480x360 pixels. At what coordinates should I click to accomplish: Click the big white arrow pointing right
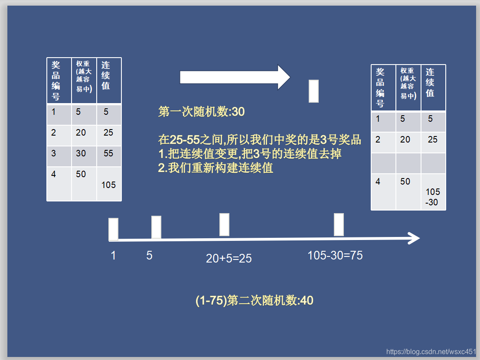coord(234,78)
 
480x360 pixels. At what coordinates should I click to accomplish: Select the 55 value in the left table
coord(108,153)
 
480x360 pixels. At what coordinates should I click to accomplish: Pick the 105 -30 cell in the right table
coord(432,197)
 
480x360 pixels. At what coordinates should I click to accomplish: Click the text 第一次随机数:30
coord(202,112)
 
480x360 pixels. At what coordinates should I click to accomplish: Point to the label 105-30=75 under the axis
coord(335,256)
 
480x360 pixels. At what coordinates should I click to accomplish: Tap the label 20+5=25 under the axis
coord(229,259)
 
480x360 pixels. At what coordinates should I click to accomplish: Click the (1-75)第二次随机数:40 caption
coord(254,300)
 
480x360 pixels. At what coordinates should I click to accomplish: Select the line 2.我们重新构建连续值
coord(216,168)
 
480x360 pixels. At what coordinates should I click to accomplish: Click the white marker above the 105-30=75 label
coord(339,224)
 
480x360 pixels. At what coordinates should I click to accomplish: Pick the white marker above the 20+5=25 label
coord(224,224)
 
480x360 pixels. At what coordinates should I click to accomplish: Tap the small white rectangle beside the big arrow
coord(313,91)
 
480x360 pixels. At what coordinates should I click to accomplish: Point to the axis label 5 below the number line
coord(149,256)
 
